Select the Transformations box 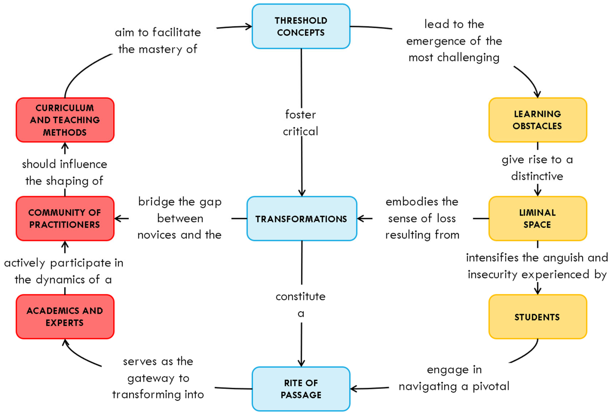pyautogui.click(x=301, y=218)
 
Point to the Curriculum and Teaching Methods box pyautogui.click(x=65, y=120)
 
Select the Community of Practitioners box pyautogui.click(x=65, y=218)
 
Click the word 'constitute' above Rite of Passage pyautogui.click(x=301, y=297)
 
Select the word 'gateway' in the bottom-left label pyautogui.click(x=151, y=378)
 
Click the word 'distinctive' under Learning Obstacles pyautogui.click(x=537, y=176)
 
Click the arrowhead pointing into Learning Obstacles pyautogui.click(x=537, y=95)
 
